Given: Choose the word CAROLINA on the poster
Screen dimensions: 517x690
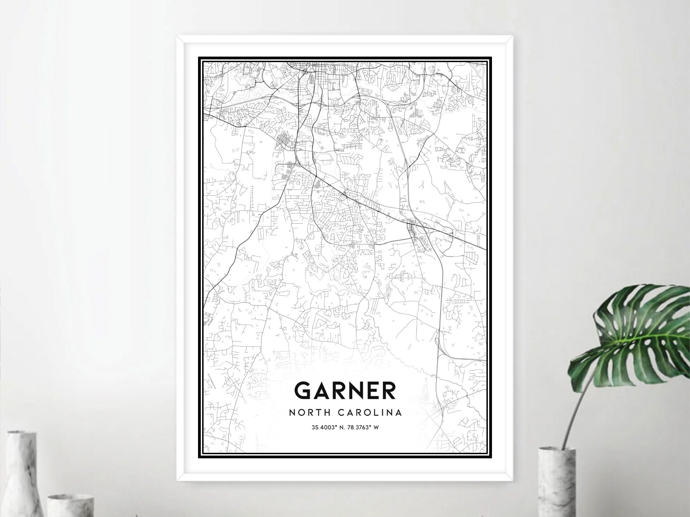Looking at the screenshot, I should pos(370,412).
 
